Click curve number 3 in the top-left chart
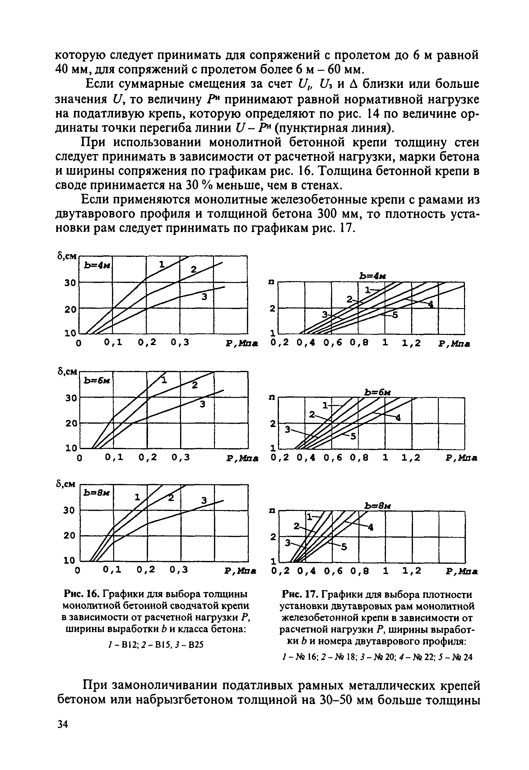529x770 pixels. pos(204,297)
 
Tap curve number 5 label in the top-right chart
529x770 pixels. pos(395,315)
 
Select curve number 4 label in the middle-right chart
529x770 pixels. pos(398,418)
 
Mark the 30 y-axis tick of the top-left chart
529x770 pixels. pos(70,283)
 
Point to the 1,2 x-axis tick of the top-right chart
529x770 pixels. pos(411,343)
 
